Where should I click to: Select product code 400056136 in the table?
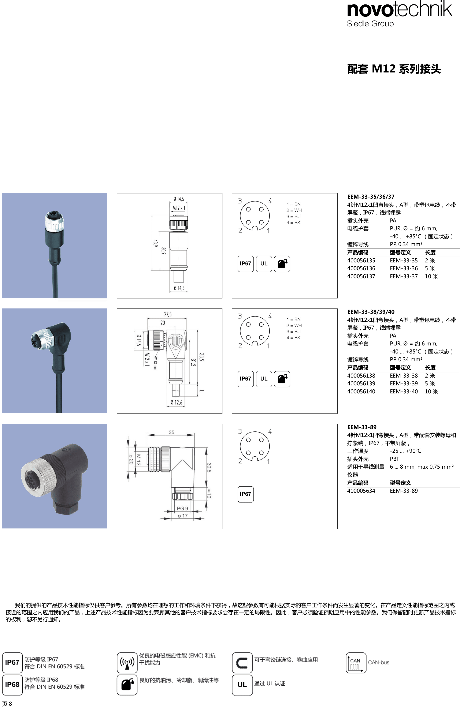pyautogui.click(x=361, y=268)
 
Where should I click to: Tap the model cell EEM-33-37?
pyautogui.click(x=404, y=276)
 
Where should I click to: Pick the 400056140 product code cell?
pyautogui.click(x=361, y=392)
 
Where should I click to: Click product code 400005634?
pyautogui.click(x=361, y=491)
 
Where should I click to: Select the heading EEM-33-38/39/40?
pyautogui.click(x=371, y=312)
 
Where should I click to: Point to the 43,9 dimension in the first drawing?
pyautogui.click(x=155, y=243)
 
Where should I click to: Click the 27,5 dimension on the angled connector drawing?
pyautogui.click(x=168, y=314)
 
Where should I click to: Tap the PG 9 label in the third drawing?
pyautogui.click(x=182, y=508)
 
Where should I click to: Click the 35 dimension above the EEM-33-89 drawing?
pyautogui.click(x=171, y=432)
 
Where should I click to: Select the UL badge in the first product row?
pyautogui.click(x=264, y=263)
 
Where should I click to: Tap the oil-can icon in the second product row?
pyautogui.click(x=282, y=379)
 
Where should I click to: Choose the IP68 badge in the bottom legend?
pyautogui.click(x=12, y=685)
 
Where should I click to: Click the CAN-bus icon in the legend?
pyautogui.click(x=356, y=663)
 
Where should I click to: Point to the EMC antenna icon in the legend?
pyautogui.click(x=127, y=663)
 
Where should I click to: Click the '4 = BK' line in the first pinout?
pyautogui.click(x=294, y=222)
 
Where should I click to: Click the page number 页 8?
pyautogui.click(x=7, y=704)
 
